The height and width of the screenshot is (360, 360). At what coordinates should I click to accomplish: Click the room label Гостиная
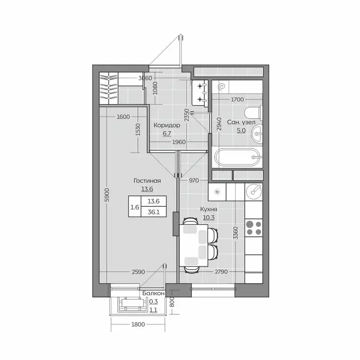click(x=147, y=181)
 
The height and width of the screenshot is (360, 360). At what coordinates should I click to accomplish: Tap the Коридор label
click(x=167, y=125)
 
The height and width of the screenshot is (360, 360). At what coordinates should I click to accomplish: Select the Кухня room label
click(x=209, y=210)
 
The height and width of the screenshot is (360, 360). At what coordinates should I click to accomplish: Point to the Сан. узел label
click(x=241, y=122)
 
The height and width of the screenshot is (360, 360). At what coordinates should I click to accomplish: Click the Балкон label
click(x=153, y=293)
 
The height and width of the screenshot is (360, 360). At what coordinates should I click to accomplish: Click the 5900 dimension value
click(x=107, y=195)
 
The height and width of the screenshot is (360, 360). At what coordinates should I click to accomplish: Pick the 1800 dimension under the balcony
click(x=138, y=324)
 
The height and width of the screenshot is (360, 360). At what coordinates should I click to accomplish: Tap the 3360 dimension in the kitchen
click(x=235, y=233)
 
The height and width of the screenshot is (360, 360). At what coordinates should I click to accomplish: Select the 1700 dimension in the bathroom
click(x=237, y=99)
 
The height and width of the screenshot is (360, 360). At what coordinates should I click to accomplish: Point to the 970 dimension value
click(x=194, y=180)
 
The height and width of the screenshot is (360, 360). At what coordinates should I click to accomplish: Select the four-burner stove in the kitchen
click(x=254, y=228)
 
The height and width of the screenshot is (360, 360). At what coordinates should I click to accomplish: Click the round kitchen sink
click(x=254, y=190)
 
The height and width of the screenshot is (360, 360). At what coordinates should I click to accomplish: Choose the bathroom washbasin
click(x=257, y=134)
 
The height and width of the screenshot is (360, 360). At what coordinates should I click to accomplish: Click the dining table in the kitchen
click(x=194, y=245)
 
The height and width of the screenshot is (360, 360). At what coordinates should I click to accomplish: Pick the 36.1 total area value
click(x=154, y=212)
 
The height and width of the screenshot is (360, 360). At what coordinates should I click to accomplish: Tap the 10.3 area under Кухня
click(x=209, y=217)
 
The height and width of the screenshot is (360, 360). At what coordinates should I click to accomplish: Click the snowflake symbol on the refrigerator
click(x=217, y=192)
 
